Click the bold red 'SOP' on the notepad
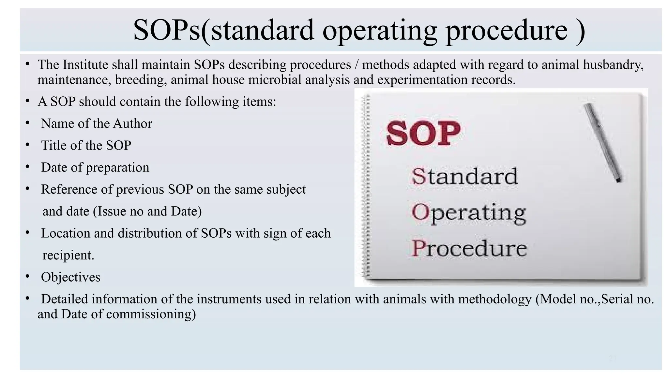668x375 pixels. tap(423, 133)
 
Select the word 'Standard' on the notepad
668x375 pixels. tap(464, 176)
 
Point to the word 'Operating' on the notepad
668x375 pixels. tap(468, 213)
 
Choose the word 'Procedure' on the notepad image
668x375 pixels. tap(469, 248)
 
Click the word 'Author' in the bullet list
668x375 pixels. tap(132, 124)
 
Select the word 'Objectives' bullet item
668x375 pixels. tap(70, 277)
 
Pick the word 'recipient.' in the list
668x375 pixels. tap(68, 255)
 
